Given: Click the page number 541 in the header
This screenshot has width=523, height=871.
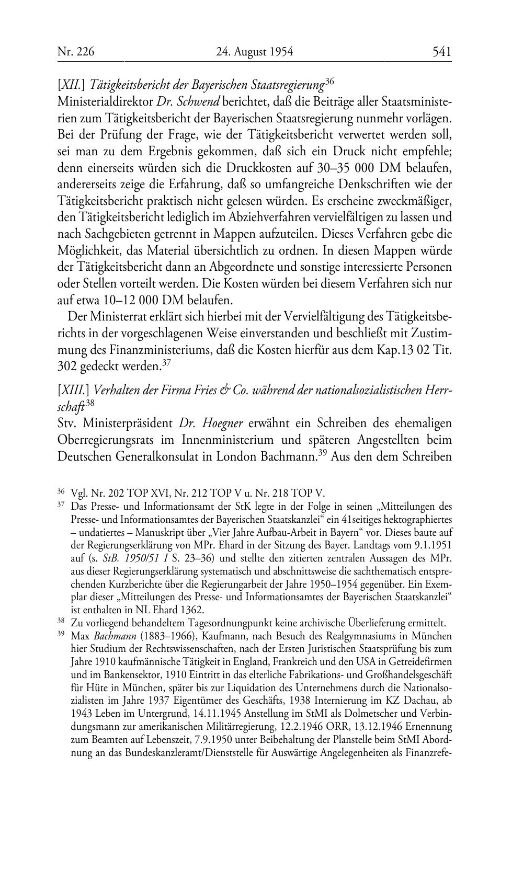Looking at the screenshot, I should [x=442, y=51].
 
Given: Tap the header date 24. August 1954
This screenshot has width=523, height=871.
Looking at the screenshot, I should [x=254, y=51].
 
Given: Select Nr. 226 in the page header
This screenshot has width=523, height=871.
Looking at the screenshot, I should [x=76, y=51].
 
